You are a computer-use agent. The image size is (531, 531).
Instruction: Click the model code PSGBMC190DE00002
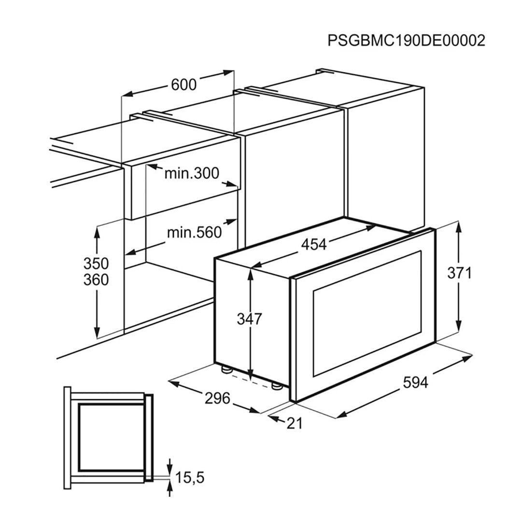pyautogui.click(x=406, y=41)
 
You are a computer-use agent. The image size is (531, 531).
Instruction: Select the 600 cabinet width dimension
pyautogui.click(x=183, y=84)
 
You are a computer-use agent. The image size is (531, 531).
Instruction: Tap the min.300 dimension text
pyautogui.click(x=192, y=173)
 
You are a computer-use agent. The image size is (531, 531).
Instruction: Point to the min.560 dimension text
pyautogui.click(x=195, y=233)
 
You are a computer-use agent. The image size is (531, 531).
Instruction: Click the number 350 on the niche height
pyautogui.click(x=96, y=264)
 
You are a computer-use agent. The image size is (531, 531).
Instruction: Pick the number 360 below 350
pyautogui.click(x=96, y=279)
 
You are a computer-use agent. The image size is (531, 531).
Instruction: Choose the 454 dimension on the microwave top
pyautogui.click(x=314, y=244)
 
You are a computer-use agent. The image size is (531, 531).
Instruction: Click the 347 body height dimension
pyautogui.click(x=250, y=319)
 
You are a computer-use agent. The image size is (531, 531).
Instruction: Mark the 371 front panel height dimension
pyautogui.click(x=459, y=273)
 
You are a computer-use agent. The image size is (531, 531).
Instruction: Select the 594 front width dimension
pyautogui.click(x=416, y=382)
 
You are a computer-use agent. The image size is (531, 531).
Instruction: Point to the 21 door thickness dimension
pyautogui.click(x=294, y=423)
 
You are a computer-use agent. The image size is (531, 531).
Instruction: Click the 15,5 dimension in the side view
pyautogui.click(x=190, y=477)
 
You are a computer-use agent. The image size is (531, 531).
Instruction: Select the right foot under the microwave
pyautogui.click(x=276, y=386)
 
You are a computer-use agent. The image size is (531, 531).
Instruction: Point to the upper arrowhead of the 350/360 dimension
pyautogui.click(x=97, y=232)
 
